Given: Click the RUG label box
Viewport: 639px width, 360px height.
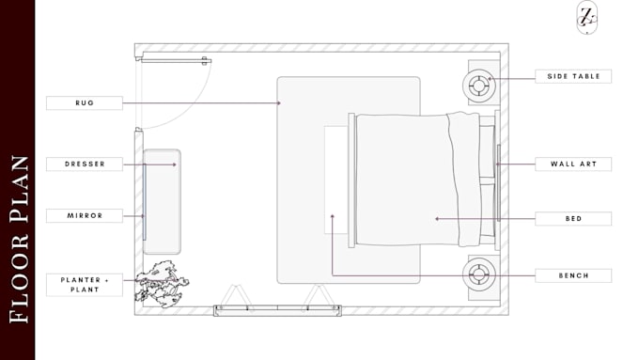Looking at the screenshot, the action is (85, 103).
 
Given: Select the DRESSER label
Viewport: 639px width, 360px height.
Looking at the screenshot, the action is (85, 164).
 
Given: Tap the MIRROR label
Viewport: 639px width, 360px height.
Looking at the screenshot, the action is (85, 215).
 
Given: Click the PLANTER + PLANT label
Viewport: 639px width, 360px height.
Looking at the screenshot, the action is (85, 285).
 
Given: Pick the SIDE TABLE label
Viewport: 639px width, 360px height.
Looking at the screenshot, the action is (573, 76).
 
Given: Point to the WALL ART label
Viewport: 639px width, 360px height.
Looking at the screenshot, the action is (573, 164).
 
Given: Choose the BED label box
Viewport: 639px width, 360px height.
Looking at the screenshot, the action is (573, 218).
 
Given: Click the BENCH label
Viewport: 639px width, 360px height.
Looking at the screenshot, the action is (573, 275).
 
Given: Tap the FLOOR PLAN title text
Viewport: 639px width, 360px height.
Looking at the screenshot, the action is (19, 240).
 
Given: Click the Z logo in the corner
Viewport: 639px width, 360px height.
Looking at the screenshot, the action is (586, 17).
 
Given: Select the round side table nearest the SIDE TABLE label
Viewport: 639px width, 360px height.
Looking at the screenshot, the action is (479, 86).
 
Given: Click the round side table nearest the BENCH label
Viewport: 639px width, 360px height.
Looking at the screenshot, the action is (479, 274).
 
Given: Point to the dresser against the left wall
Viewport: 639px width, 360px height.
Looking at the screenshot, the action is (162, 201).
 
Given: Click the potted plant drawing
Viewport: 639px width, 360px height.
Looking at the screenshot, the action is (162, 285).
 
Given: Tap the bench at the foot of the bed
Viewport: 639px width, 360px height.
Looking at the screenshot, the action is (336, 180).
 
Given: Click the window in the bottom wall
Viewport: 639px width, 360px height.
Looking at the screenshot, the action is (277, 310).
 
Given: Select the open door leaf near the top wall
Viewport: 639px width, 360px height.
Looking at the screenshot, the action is (174, 61).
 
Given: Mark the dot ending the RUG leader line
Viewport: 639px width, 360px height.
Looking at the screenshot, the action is (279, 103).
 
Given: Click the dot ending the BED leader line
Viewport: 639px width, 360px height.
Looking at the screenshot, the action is (437, 219).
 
